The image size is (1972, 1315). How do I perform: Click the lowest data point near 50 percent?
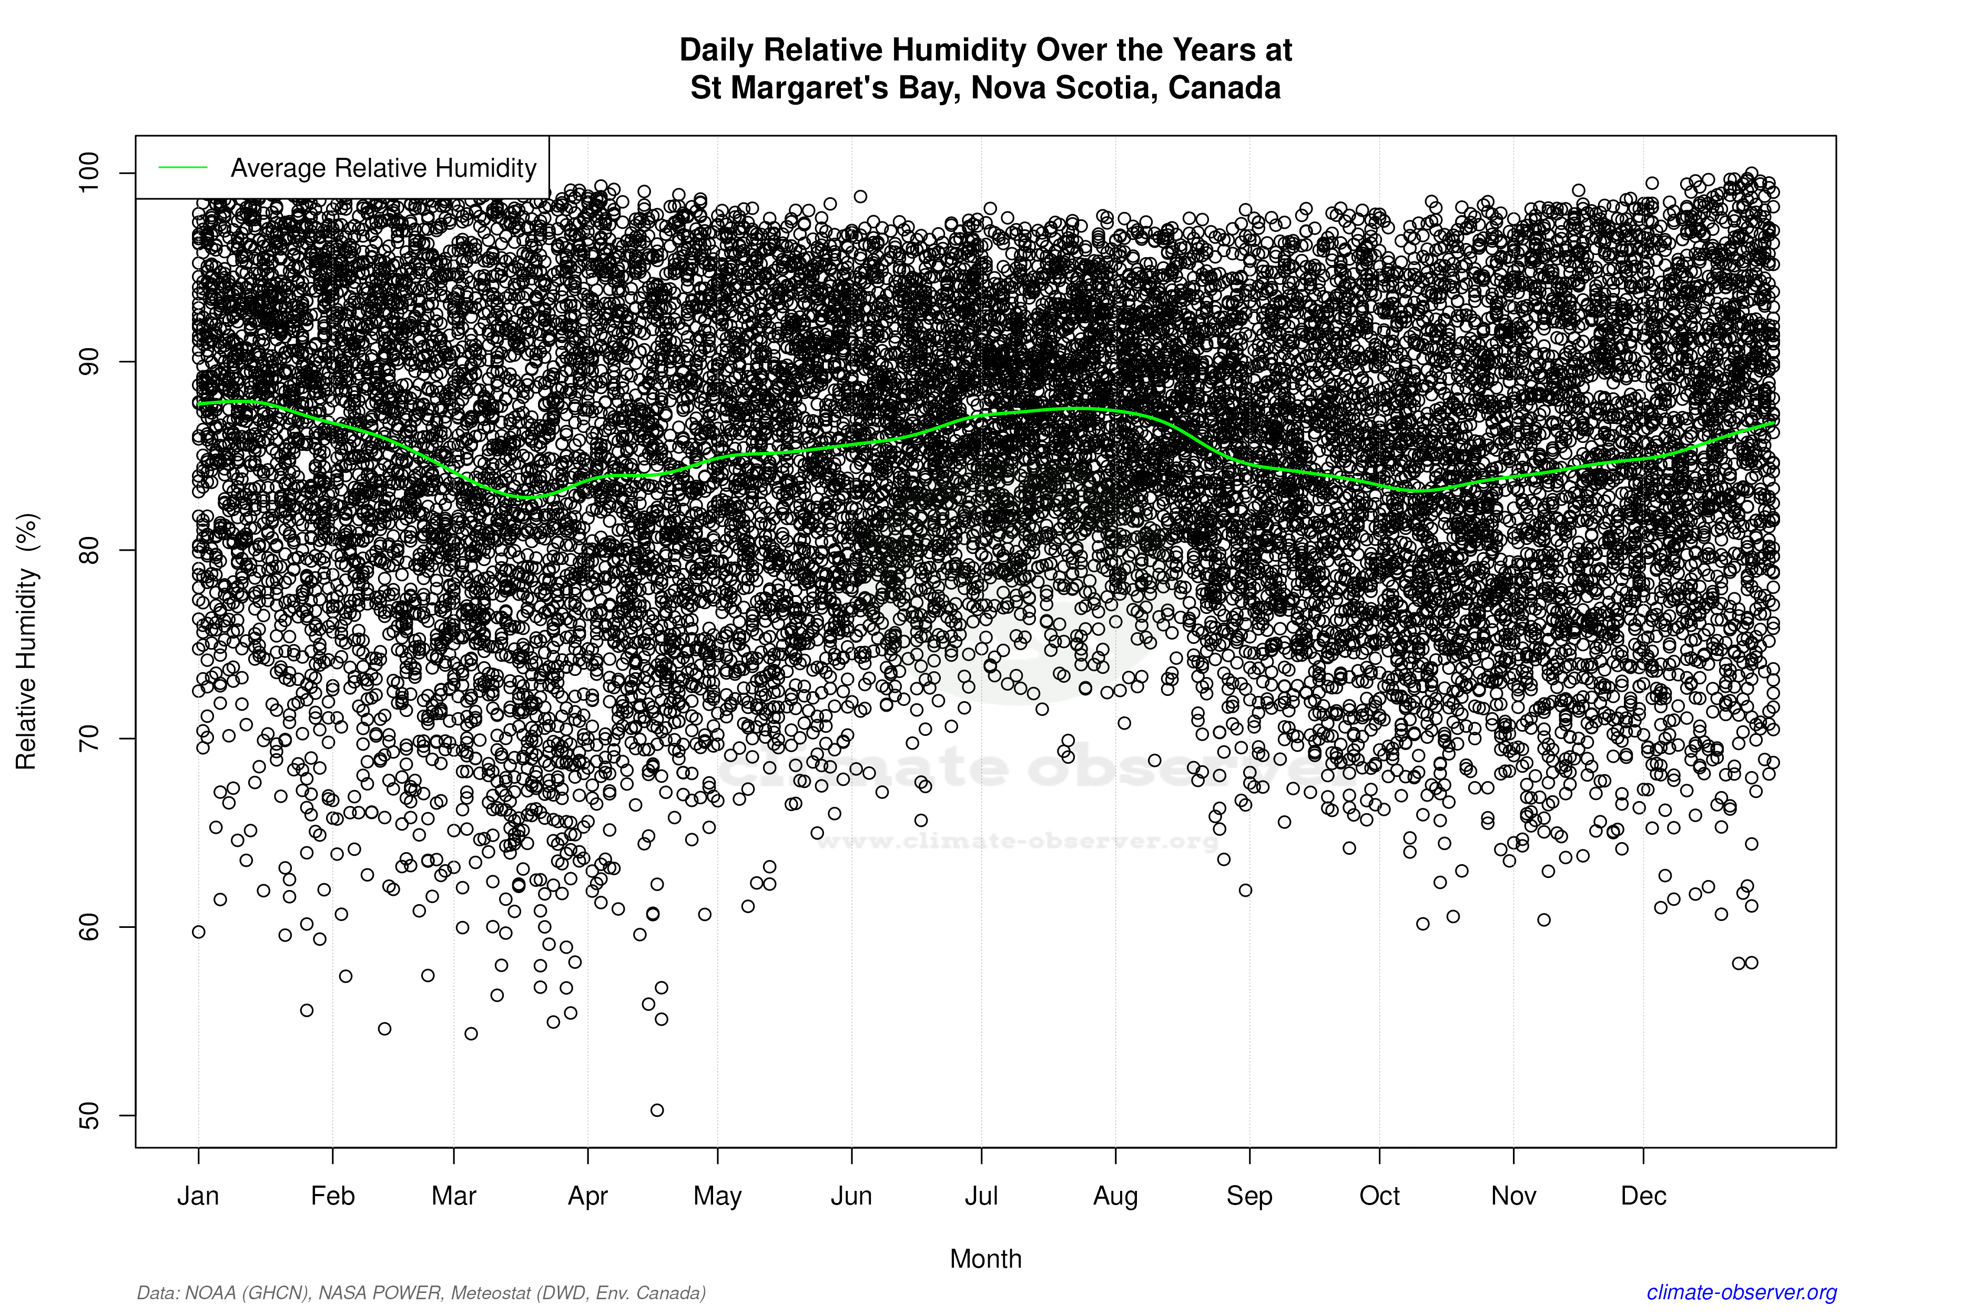[x=657, y=1110]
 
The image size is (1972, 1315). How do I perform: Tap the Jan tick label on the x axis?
[x=198, y=1196]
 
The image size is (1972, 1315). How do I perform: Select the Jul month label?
[x=981, y=1196]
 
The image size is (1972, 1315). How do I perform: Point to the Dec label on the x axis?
[x=1643, y=1196]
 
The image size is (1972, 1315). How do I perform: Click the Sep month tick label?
[x=1249, y=1196]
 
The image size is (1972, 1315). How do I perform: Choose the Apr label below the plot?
[x=588, y=1196]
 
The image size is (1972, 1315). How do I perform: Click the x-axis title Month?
[x=986, y=1259]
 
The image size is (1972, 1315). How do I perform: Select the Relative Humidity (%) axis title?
[x=27, y=642]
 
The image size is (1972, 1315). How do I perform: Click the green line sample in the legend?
[x=183, y=168]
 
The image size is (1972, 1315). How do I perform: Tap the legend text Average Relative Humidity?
[x=383, y=168]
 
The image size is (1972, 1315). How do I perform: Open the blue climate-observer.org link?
[x=1742, y=1292]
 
